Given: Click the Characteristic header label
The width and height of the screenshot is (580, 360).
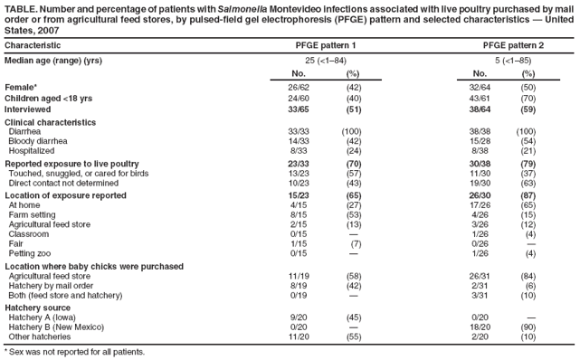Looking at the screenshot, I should point(33,44).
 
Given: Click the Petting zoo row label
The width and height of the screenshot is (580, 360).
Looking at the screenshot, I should point(33,253).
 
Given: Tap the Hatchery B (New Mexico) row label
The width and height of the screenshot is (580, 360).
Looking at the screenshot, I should point(56,327).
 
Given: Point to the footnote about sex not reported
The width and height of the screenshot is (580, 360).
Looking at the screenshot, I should point(74,351).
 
